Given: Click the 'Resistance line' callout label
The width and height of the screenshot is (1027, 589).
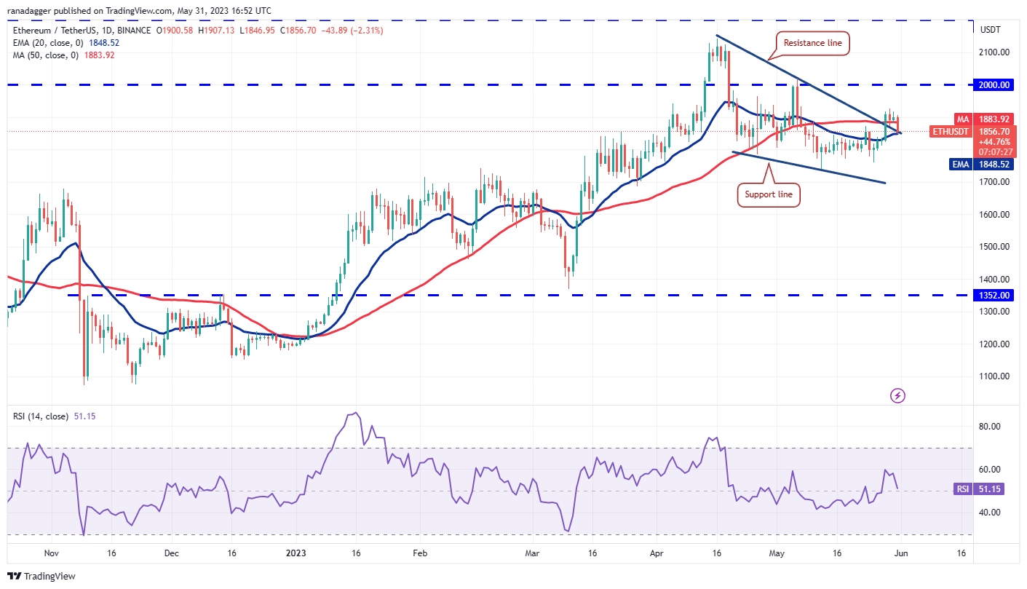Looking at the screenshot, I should click(x=812, y=43).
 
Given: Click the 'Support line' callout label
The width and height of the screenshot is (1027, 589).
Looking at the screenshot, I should click(x=769, y=195).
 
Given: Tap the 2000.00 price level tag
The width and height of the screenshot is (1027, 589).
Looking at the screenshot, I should click(x=994, y=85).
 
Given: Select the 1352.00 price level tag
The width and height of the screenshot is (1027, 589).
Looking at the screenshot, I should click(x=994, y=296).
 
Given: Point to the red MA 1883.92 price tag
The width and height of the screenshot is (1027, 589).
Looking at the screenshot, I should click(x=994, y=119).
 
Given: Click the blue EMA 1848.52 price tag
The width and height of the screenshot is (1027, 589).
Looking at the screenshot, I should click(x=994, y=165).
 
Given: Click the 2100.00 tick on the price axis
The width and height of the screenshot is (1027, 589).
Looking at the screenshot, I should click(x=994, y=52).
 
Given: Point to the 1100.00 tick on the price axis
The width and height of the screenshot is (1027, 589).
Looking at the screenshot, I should click(x=994, y=376).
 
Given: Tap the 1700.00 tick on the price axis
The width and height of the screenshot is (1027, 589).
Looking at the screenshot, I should click(x=994, y=182).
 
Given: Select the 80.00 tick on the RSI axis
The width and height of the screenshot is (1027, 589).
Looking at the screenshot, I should click(x=988, y=427).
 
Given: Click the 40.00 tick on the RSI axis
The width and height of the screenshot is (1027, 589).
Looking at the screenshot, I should click(x=988, y=513).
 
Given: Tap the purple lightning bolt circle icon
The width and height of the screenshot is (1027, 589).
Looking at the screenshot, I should click(x=898, y=395).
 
